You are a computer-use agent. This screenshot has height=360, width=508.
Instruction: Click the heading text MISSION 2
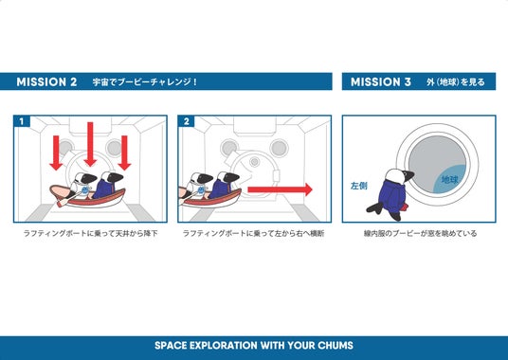[46, 81]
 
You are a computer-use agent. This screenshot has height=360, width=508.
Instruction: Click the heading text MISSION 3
[381, 81]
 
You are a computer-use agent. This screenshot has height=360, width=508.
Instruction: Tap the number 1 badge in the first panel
[22, 121]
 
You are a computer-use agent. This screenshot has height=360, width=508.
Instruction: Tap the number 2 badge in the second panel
[187, 121]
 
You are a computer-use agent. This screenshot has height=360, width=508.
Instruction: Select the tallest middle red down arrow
[90, 144]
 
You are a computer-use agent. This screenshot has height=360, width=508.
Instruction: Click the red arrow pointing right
[280, 189]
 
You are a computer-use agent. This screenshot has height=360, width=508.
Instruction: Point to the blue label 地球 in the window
[450, 179]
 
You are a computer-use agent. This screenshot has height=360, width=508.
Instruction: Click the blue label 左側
[359, 186]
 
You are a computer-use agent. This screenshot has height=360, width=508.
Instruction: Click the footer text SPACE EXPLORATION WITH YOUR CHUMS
[254, 346]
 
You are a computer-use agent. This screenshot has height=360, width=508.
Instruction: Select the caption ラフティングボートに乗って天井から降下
[90, 233]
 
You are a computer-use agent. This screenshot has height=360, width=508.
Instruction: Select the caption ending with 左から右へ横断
[254, 233]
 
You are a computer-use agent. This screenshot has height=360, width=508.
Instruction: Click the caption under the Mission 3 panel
[420, 233]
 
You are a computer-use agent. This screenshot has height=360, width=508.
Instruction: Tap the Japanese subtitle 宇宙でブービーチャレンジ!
[144, 81]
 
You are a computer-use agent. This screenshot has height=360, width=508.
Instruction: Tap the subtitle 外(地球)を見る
[456, 81]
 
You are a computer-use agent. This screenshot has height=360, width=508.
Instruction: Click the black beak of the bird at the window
[408, 176]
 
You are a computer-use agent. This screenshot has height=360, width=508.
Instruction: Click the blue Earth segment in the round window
[452, 180]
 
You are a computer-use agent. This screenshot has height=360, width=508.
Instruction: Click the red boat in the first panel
[88, 197]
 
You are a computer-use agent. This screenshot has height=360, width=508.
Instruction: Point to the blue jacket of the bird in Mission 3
[392, 195]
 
